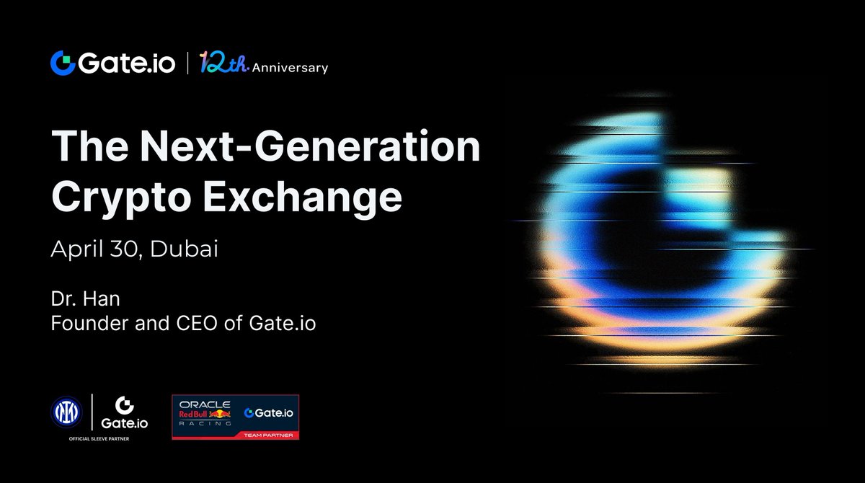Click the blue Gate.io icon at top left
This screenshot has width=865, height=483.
(63, 63)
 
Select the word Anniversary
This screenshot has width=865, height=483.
(290, 68)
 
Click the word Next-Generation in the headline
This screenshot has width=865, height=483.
(310, 146)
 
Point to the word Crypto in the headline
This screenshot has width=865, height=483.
(121, 198)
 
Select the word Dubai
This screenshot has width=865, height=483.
(184, 248)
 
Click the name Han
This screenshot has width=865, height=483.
(102, 299)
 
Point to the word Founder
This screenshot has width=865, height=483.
(89, 323)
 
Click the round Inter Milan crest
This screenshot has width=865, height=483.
(66, 412)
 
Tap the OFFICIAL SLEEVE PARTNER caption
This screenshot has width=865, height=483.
(99, 439)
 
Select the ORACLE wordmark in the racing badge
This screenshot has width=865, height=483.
(205, 404)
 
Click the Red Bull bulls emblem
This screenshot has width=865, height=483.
(220, 415)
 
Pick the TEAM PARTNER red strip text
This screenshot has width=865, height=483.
(268, 435)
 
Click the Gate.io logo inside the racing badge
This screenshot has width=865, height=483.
(269, 413)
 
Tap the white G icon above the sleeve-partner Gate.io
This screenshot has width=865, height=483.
(124, 405)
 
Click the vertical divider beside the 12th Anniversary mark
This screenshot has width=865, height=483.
(187, 63)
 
